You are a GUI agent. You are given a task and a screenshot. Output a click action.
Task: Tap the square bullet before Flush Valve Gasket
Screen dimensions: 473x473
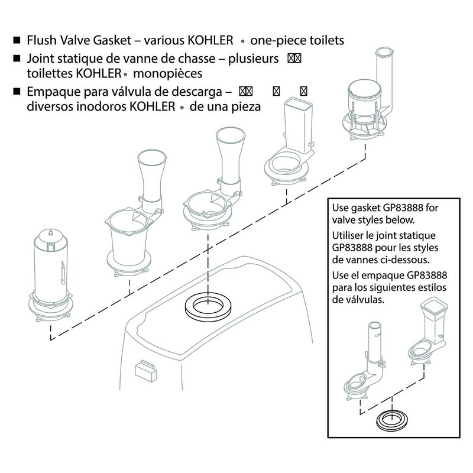(x=16, y=41)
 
